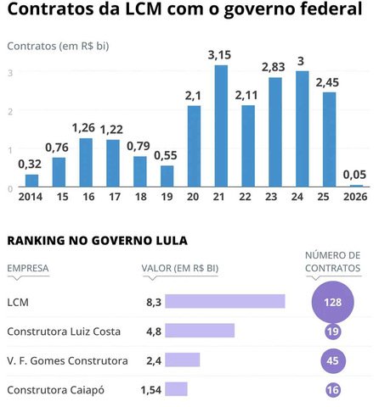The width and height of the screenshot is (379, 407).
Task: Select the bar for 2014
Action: click(x=31, y=180)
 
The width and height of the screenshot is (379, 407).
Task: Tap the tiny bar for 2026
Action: click(x=356, y=185)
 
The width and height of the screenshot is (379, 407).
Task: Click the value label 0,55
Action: click(x=167, y=155)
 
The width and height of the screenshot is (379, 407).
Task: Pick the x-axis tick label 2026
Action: click(x=356, y=197)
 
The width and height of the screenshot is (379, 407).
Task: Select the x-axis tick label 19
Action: click(x=167, y=197)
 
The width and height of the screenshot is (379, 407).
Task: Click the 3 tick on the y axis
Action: click(x=10, y=72)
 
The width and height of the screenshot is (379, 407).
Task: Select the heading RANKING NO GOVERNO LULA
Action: click(x=97, y=240)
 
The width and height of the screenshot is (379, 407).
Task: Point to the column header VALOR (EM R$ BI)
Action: click(x=179, y=269)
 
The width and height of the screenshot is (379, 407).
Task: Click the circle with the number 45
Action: click(x=334, y=361)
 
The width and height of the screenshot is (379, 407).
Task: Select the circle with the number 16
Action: click(x=334, y=390)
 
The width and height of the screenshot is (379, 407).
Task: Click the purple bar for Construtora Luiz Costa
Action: click(x=200, y=331)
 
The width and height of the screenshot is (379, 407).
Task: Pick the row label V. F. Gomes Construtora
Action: click(x=67, y=360)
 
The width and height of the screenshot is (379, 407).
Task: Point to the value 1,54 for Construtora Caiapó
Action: click(x=150, y=389)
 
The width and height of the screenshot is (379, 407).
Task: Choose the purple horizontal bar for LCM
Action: click(x=224, y=301)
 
